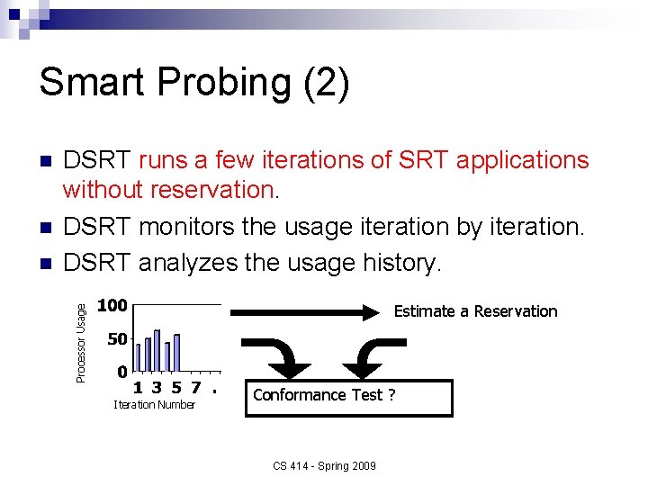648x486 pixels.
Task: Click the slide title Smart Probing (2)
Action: [193, 83]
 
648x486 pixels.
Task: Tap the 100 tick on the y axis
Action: [112, 306]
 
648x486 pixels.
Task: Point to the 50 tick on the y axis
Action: [116, 340]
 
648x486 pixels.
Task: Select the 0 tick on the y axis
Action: [121, 371]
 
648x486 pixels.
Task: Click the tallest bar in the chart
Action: [157, 350]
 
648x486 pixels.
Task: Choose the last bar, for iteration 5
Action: [176, 353]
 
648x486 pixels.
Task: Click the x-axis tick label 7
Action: [195, 389]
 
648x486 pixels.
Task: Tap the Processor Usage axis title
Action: [81, 342]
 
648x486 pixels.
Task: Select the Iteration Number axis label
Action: [154, 405]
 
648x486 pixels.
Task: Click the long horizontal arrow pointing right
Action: [306, 312]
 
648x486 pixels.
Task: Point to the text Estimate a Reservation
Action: [476, 311]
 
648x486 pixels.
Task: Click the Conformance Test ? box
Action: [348, 396]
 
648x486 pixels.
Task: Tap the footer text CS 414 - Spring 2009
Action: [325, 465]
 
